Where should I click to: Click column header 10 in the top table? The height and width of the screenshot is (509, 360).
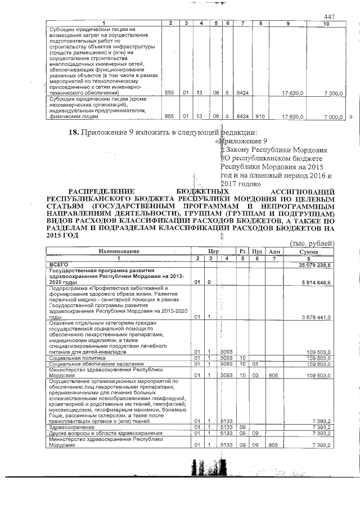(x=327, y=23)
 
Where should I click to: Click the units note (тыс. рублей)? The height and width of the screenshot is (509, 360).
(x=312, y=243)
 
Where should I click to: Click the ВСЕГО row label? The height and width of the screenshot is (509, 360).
(x=59, y=263)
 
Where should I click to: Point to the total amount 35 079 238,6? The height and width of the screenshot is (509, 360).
(x=315, y=263)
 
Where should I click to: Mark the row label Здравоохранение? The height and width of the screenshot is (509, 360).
(x=69, y=427)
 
